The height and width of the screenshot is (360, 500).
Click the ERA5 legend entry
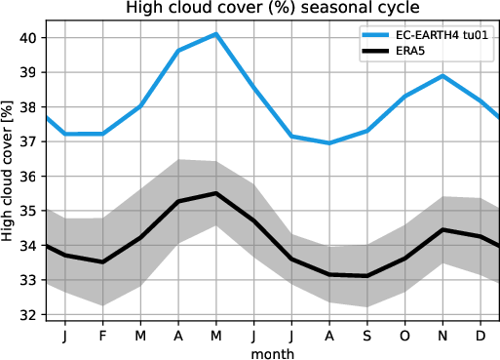click(401, 53)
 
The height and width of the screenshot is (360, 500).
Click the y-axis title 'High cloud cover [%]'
click(9, 176)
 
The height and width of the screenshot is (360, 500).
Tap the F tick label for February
click(102, 335)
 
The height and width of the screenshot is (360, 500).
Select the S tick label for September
click(366, 335)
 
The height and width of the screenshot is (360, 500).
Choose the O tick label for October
click(404, 335)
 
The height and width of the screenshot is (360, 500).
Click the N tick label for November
click(442, 335)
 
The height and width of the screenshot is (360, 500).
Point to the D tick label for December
click(480, 335)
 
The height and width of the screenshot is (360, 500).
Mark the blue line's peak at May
click(215, 34)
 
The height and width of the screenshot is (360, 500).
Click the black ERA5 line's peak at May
click(215, 193)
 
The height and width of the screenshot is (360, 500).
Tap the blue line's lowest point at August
click(328, 143)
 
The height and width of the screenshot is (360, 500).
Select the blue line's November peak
click(442, 76)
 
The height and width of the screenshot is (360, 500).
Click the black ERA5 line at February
click(102, 261)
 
